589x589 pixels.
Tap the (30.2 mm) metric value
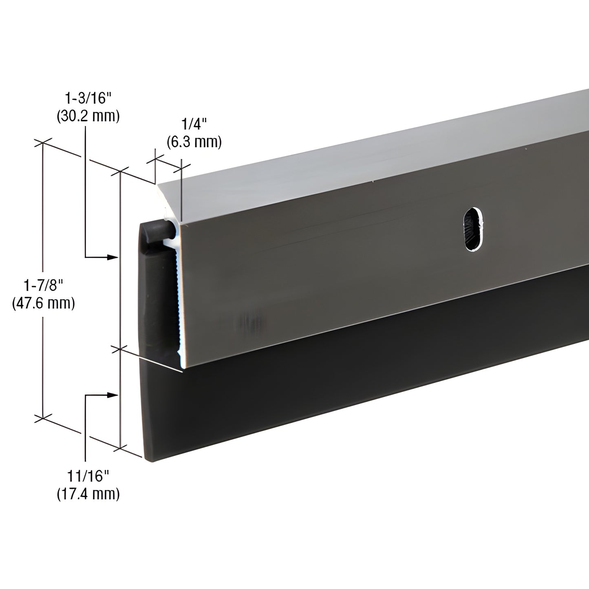point(88,116)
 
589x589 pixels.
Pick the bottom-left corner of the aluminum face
point(183,369)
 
